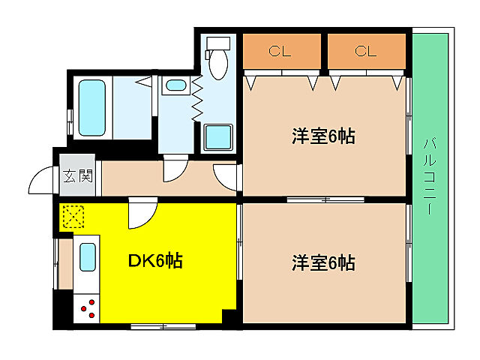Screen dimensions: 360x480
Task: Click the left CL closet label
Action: coord(280,51)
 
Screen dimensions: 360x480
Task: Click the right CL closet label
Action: coord(364,51)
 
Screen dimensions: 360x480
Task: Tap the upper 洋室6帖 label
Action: coord(323,137)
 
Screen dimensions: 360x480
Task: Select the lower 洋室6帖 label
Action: coord(323,263)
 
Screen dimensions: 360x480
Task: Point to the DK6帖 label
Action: coord(155,261)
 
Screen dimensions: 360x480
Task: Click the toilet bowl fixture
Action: coord(219,61)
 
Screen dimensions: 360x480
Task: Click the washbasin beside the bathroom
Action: coord(177,85)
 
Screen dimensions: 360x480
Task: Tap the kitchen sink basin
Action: coord(88,257)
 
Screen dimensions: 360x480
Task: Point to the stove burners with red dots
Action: coord(88,307)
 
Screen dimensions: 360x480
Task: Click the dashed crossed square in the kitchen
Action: coord(73,217)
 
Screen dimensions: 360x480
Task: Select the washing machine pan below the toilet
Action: coord(218,137)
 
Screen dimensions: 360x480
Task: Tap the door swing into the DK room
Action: coord(139,214)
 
